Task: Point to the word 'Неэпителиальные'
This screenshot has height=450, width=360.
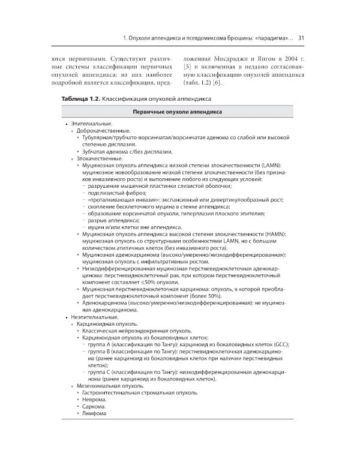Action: click(91, 316)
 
